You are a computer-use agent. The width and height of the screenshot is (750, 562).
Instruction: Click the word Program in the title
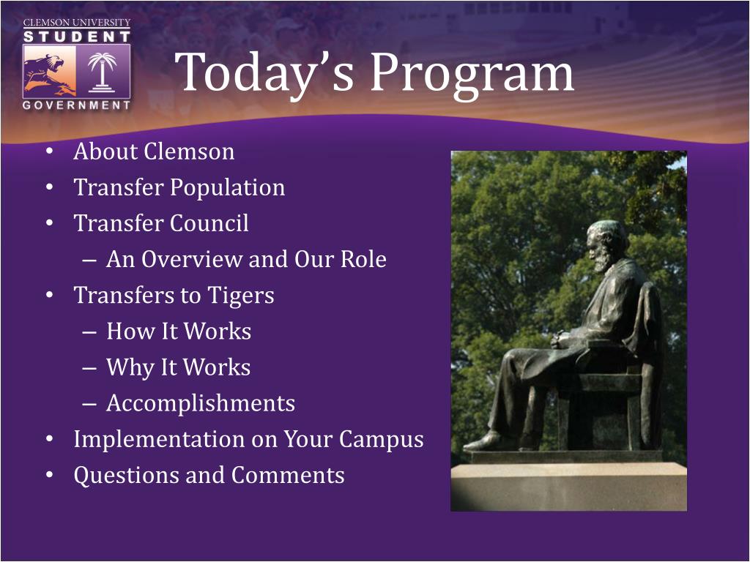[x=472, y=73]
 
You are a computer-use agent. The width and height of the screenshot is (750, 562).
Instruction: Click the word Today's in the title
[x=264, y=72]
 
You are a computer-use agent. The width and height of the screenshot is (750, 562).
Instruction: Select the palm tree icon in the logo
[x=103, y=71]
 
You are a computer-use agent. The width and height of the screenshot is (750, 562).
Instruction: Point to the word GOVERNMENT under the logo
[x=76, y=105]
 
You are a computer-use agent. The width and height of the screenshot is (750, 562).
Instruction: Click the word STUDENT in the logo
[x=76, y=37]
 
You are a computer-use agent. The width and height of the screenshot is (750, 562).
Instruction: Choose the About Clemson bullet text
[x=154, y=151]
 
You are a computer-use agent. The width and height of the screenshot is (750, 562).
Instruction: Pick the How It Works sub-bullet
[x=179, y=331]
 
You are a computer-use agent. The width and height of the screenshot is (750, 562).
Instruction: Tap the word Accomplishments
[x=201, y=404]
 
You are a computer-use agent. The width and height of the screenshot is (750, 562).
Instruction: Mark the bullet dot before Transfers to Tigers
[x=50, y=296]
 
